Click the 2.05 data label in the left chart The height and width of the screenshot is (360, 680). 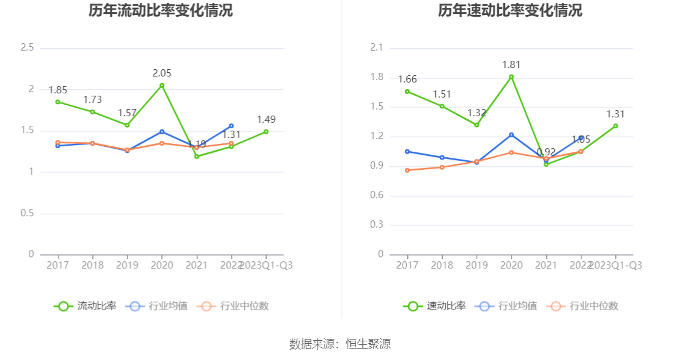[x=162, y=73]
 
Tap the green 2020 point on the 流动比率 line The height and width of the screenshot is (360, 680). [x=162, y=85]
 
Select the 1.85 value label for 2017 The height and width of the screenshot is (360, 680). [x=58, y=90]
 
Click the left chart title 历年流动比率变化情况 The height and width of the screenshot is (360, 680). [x=161, y=11]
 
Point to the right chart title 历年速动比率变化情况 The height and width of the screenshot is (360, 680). [x=510, y=11]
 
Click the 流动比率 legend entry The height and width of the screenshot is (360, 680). [x=85, y=306]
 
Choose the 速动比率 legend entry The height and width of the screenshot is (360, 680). [x=434, y=306]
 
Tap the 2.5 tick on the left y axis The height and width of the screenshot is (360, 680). [x=27, y=48]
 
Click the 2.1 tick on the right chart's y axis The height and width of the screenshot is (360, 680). [x=377, y=48]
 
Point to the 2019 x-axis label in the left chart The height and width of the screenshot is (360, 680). [x=127, y=265]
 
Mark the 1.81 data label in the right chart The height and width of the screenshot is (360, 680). [x=512, y=65]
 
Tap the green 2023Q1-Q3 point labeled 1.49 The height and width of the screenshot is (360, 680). [x=266, y=131]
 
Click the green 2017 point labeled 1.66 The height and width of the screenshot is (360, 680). [x=407, y=92]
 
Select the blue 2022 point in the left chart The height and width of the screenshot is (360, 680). [x=231, y=126]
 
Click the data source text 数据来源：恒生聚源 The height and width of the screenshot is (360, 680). [x=340, y=344]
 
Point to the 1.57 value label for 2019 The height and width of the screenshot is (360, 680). [x=127, y=113]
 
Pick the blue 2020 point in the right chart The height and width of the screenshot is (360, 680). [x=512, y=135]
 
